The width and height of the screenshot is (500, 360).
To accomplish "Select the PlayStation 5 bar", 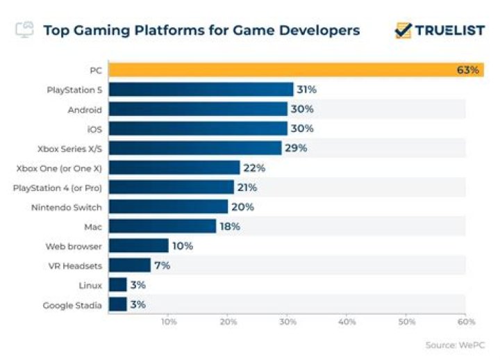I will pos(201,90).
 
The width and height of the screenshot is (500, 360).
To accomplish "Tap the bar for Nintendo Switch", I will pos(168,206).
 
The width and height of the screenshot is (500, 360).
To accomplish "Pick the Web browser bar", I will pos(138,245).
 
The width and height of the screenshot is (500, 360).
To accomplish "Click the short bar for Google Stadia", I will pos(117,304).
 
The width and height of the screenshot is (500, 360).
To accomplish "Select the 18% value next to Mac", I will pos(230,226).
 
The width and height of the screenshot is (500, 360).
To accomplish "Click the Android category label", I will pos(85,109).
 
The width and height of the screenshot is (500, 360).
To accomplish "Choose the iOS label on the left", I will pos(94,129).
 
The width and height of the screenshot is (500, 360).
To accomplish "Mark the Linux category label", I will pos(90,284).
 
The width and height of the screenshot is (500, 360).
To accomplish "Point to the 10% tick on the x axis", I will pos(168,322).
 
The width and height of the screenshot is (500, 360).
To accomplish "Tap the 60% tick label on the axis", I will pos(466,322).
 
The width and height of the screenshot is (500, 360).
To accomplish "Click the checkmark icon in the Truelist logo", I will pos(403,30).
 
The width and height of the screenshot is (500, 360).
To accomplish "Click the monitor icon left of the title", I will pos(24,29).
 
